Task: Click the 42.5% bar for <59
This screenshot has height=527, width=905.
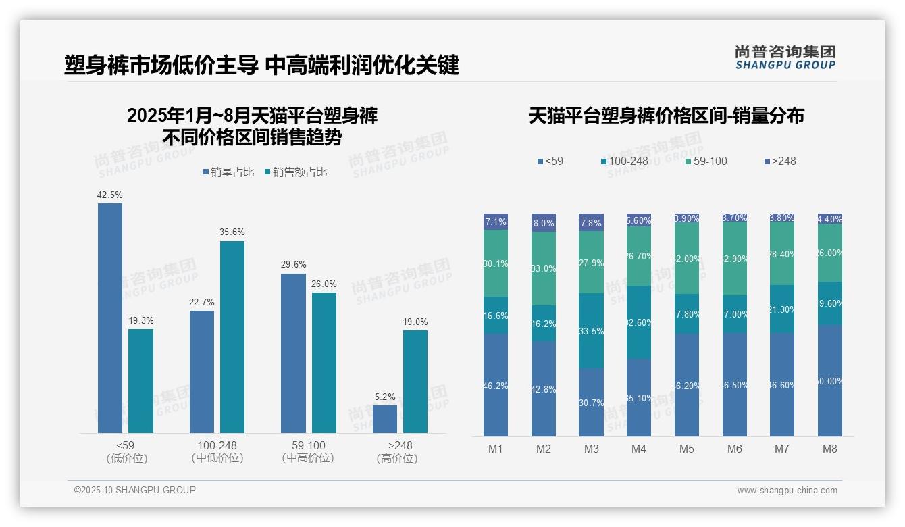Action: click(110, 318)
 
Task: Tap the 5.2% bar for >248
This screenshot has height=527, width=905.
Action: click(385, 419)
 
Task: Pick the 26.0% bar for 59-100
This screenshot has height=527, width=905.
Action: click(324, 362)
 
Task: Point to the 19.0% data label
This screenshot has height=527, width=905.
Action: click(415, 322)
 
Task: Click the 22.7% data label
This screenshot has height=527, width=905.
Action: click(202, 302)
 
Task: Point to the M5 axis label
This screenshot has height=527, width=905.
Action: click(687, 449)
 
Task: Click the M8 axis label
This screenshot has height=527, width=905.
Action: click(830, 449)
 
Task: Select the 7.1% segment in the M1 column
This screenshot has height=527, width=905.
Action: click(496, 222)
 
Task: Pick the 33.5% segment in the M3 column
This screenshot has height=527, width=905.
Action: click(591, 330)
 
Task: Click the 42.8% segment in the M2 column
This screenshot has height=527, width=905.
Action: click(544, 388)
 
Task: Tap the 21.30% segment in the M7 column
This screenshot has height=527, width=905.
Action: click(782, 309)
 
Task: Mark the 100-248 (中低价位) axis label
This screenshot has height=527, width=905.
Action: click(217, 451)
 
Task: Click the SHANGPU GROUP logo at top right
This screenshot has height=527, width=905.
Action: click(785, 57)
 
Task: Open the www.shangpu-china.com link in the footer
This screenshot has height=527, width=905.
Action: click(787, 491)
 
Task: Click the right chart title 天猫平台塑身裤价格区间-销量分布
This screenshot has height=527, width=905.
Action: click(666, 116)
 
